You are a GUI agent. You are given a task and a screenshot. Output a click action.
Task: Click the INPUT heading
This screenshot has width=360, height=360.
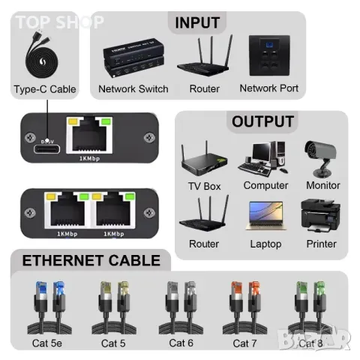(x=198, y=22)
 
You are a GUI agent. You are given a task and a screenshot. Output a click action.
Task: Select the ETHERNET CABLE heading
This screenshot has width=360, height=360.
(x=91, y=260)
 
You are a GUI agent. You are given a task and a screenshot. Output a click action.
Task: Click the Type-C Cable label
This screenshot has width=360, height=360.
(x=45, y=89)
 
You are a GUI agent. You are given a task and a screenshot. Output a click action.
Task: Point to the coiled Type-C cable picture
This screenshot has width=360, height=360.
(x=44, y=53)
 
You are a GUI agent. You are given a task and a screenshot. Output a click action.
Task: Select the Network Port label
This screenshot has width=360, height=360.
(x=268, y=88)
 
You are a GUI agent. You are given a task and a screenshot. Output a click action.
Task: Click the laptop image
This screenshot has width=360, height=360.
(x=265, y=215)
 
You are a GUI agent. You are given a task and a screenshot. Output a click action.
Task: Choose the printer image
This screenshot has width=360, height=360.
(x=321, y=215)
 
